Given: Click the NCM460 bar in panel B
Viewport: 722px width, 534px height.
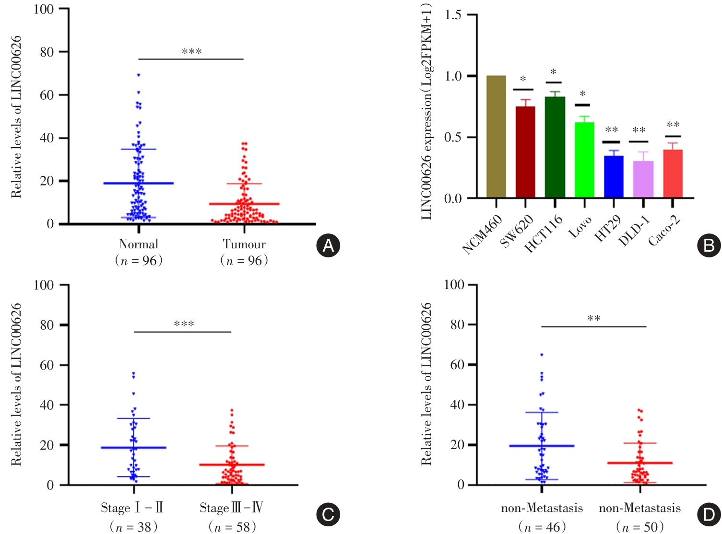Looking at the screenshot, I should click(496, 137).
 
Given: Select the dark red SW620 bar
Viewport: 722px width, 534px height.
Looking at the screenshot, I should click(525, 152).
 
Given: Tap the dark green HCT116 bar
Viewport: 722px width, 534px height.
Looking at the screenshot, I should click(555, 147).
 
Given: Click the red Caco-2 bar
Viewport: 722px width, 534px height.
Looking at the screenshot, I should click(673, 174).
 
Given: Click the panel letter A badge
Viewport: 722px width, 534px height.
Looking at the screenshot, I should click(328, 245).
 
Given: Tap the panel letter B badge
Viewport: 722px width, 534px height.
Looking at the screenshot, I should click(709, 245).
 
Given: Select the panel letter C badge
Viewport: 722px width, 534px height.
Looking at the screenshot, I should click(328, 515).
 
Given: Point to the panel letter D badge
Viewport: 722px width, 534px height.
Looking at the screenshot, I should click(709, 515).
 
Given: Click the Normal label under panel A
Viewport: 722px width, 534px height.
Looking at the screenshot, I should click(139, 244).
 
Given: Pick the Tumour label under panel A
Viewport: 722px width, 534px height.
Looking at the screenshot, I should click(244, 244).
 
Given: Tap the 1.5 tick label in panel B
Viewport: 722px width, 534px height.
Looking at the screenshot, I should click(453, 15).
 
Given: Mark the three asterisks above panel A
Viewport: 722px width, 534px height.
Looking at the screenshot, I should click(191, 52).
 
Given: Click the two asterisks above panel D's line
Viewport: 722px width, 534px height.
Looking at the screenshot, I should click(594, 319).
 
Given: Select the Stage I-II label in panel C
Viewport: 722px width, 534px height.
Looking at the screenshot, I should click(132, 508).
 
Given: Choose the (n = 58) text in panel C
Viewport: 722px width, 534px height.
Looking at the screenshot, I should click(232, 527).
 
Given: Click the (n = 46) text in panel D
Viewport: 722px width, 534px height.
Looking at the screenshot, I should click(542, 527).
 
